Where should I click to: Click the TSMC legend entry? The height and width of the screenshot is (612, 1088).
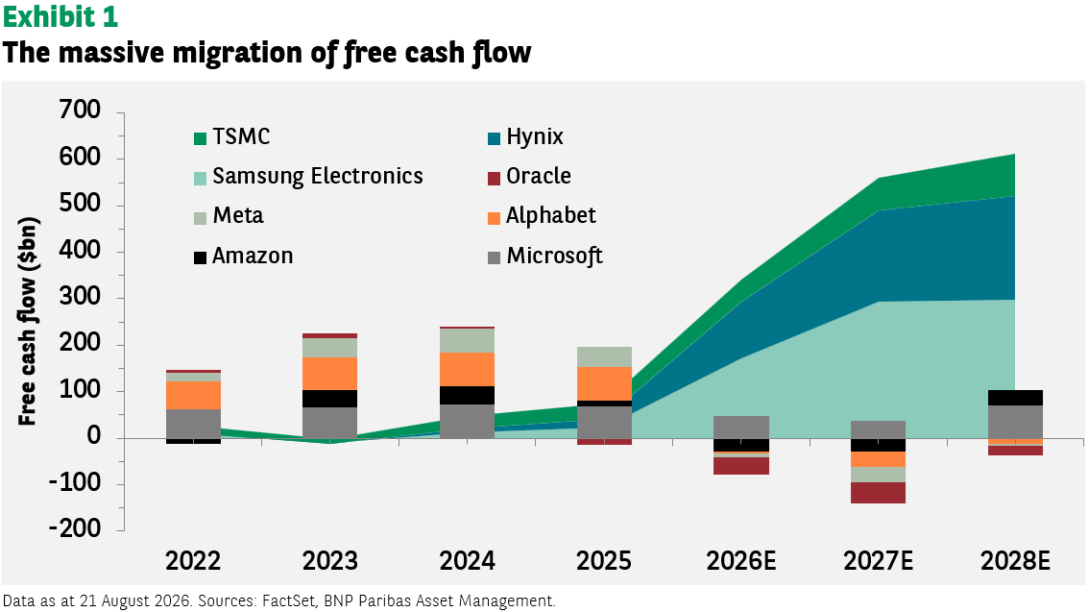point(231,136)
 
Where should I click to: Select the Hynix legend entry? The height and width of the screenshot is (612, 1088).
point(525,136)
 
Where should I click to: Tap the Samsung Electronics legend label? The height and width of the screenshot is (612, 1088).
point(318,176)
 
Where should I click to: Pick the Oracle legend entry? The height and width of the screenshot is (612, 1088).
point(529,176)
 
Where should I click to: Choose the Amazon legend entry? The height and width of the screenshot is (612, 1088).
point(244,256)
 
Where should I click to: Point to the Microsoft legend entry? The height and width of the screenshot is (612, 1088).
point(545,256)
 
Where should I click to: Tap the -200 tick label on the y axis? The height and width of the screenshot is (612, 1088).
point(74,528)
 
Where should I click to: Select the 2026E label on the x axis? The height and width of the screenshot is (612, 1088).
point(741,561)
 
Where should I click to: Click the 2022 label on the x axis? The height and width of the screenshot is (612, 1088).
point(193,561)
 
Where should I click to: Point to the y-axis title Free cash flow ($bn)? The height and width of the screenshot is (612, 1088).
point(28,322)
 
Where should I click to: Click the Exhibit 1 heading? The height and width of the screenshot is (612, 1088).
point(60,17)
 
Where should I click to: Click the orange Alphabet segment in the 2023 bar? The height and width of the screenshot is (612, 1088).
point(329,374)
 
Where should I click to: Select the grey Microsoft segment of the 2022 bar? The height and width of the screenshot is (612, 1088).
point(193,424)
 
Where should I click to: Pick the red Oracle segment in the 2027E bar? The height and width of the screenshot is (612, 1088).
point(878,493)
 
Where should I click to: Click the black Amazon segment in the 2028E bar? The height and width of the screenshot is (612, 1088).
point(1015,398)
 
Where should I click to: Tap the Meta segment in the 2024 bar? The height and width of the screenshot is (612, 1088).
point(467,341)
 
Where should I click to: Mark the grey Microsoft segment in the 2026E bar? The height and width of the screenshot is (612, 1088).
point(741,428)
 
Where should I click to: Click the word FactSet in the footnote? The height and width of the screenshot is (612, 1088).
point(285,600)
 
